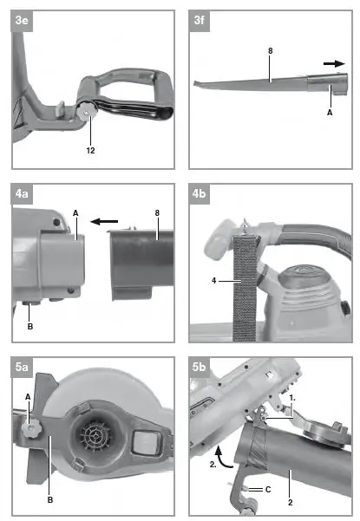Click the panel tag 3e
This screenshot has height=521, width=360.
tap(21, 20)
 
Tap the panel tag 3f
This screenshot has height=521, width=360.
tap(200, 20)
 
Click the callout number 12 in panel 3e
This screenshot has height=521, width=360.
tap(91, 149)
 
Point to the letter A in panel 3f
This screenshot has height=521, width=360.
tap(328, 112)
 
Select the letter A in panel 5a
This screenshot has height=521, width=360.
tap(28, 396)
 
